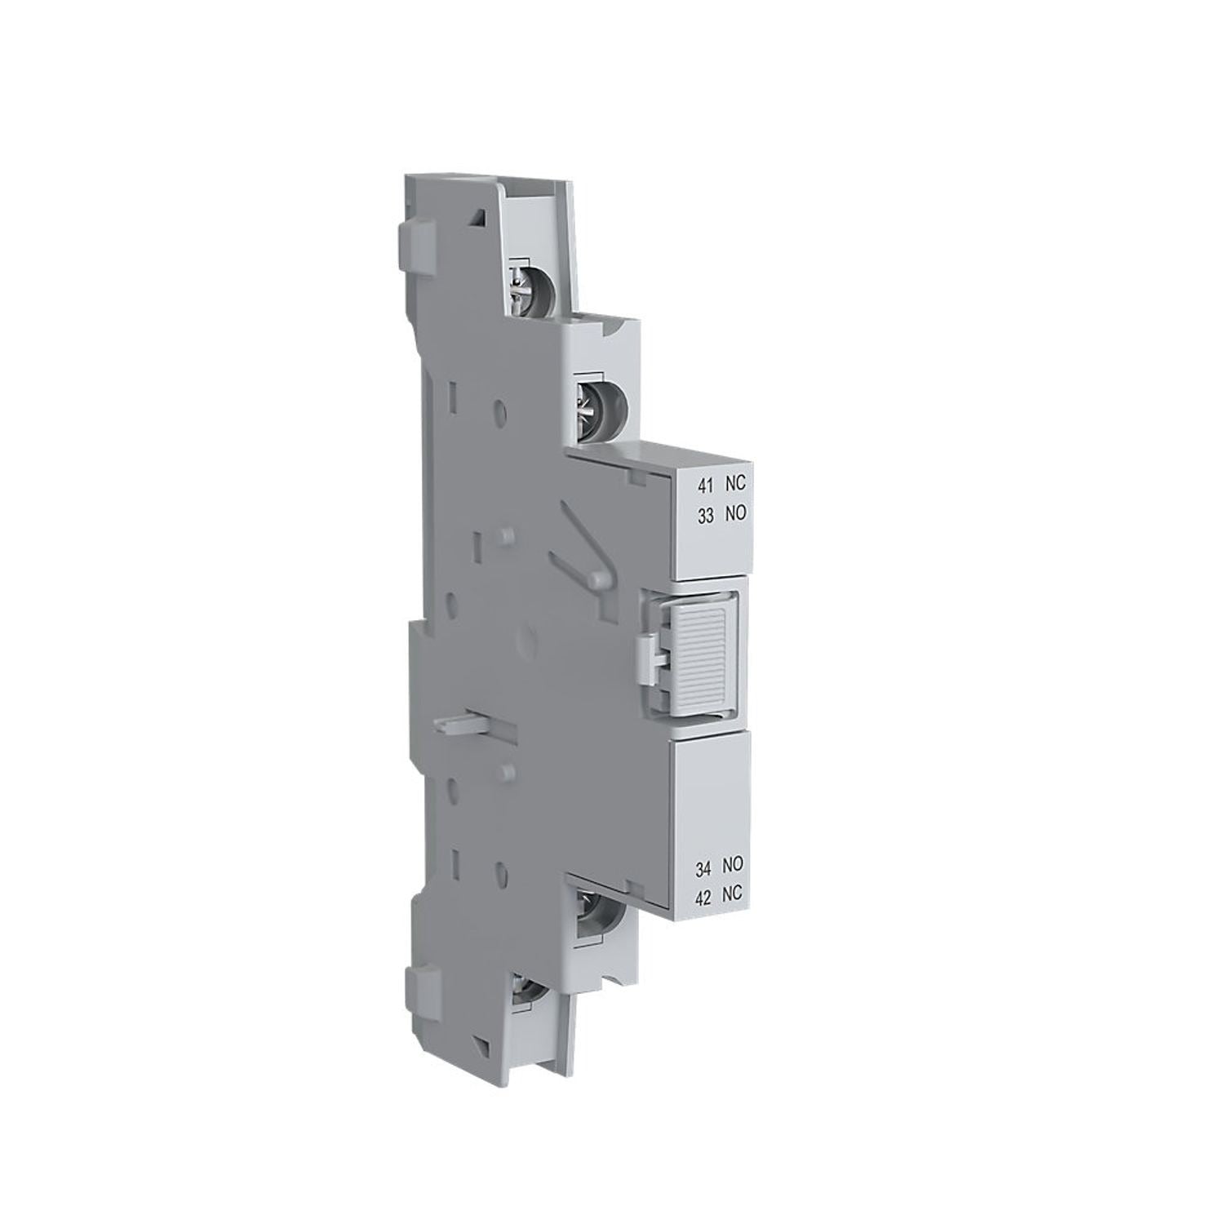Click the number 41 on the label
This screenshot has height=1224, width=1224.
[x=704, y=486]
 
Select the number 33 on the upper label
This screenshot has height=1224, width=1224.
[x=704, y=514]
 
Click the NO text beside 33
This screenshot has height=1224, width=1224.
[x=734, y=514]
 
